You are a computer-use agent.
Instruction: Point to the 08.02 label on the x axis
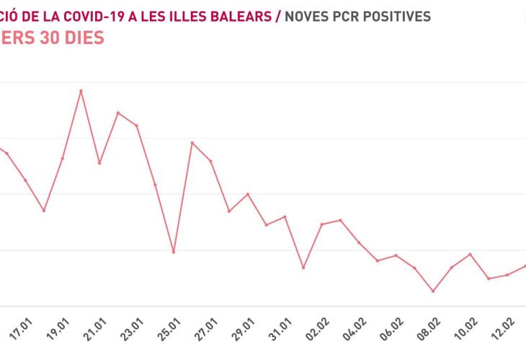click(x=432, y=336)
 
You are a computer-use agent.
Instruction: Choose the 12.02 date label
click(x=507, y=336)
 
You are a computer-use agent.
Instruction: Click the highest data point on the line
click(x=81, y=91)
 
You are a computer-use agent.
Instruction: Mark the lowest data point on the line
click(x=433, y=291)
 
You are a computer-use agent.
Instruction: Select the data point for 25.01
click(x=174, y=252)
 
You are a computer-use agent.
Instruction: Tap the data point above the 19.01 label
click(x=63, y=158)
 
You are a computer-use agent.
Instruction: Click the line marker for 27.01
click(x=210, y=161)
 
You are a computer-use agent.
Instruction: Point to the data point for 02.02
click(x=321, y=224)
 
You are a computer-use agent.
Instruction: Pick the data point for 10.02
click(x=471, y=254)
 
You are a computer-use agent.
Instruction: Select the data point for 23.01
click(x=137, y=126)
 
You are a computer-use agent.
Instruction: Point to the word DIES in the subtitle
click(x=83, y=37)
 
